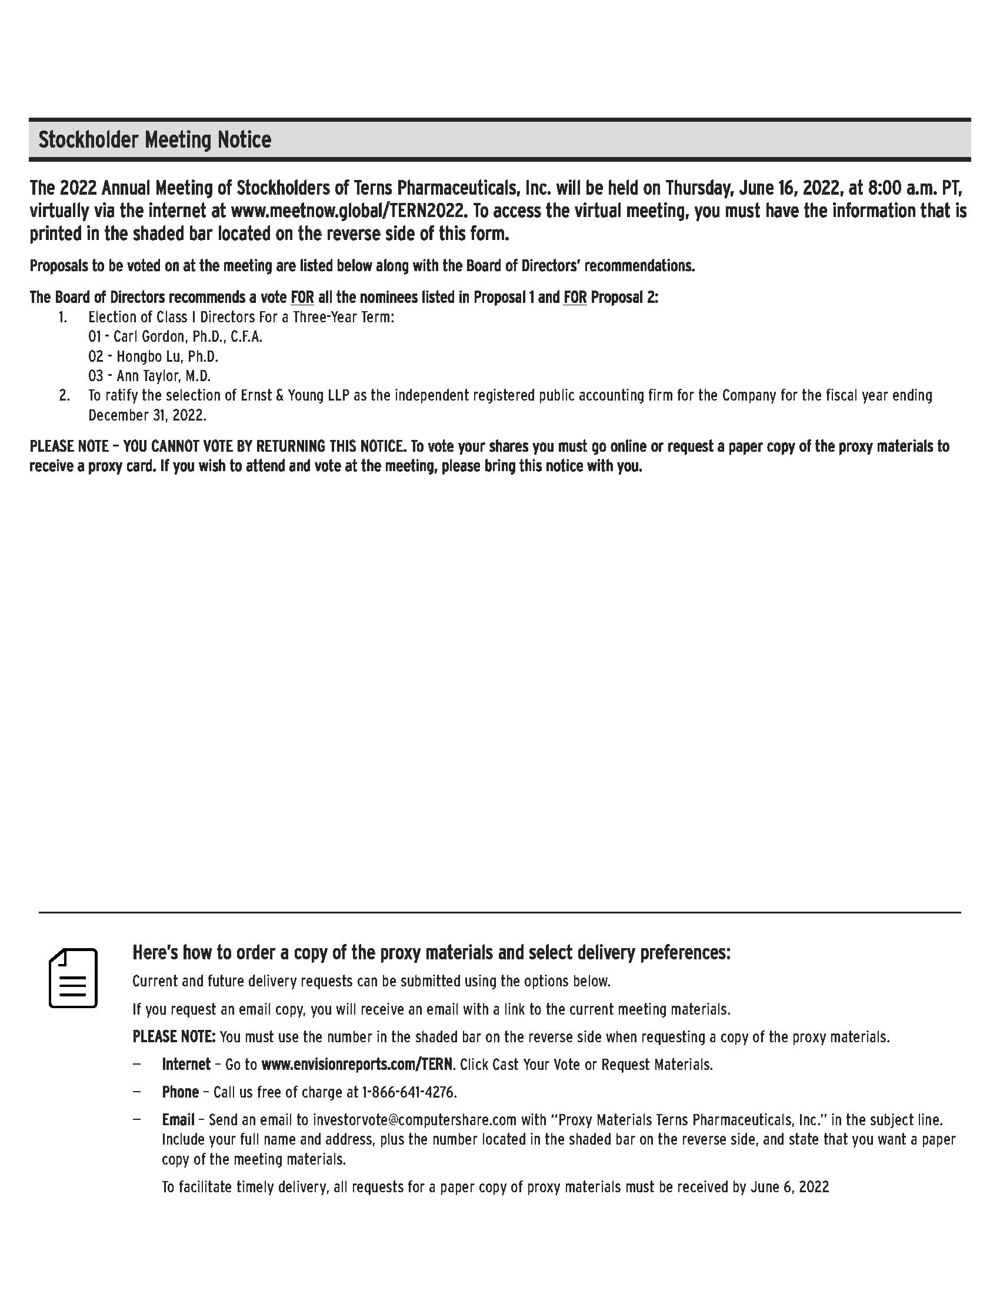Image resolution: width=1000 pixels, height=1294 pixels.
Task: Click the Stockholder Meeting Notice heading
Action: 155,140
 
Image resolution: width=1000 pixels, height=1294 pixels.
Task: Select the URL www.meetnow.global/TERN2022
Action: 346,211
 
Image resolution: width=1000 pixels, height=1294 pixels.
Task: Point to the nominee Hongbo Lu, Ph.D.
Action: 168,356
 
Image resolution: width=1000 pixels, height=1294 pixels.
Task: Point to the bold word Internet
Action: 186,1064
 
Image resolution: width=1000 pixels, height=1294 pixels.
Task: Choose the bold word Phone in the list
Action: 180,1092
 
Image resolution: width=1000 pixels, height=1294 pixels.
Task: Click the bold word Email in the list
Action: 178,1120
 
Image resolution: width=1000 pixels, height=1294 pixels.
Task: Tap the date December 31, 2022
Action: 147,415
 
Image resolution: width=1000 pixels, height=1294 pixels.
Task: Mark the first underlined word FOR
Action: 302,298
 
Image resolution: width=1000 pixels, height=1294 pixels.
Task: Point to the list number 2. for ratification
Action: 64,396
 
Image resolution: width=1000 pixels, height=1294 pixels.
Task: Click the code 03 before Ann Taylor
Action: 95,376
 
